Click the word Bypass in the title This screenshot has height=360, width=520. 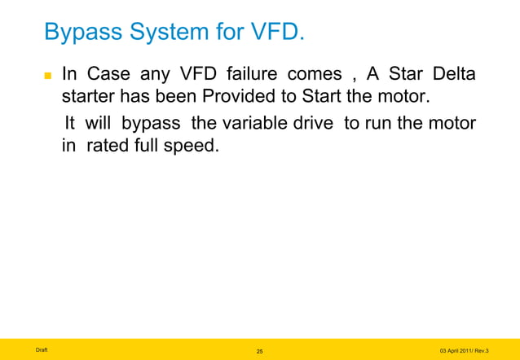(x=83, y=33)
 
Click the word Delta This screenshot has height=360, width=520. (x=456, y=76)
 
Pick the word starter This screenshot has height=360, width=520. (x=89, y=99)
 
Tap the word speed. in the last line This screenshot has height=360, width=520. (x=193, y=149)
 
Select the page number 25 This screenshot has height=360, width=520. (x=259, y=350)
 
